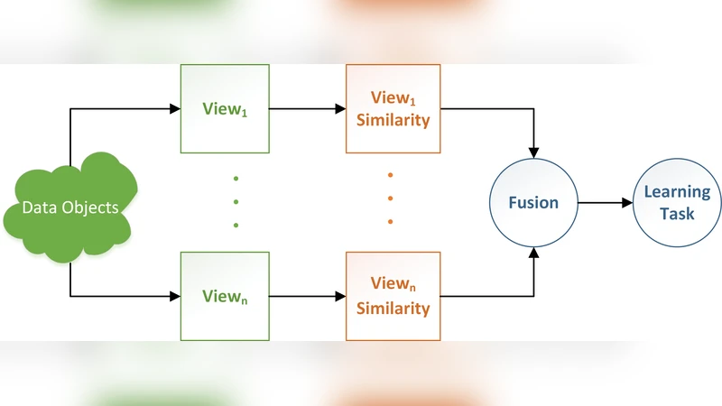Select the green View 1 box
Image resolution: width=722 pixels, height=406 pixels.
point(225,108)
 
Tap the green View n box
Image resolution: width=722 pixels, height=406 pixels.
point(225,295)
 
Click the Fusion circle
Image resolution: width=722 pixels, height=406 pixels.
point(532,203)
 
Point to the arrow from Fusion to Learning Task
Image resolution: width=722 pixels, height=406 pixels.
point(606,203)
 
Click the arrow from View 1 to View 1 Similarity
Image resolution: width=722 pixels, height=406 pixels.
point(307,109)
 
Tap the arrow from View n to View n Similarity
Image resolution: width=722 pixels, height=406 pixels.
point(307,295)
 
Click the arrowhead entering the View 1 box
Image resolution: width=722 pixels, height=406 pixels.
point(174,109)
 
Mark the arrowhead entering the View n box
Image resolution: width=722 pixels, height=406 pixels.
point(174,295)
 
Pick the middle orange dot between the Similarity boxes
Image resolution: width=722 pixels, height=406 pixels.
point(390,198)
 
